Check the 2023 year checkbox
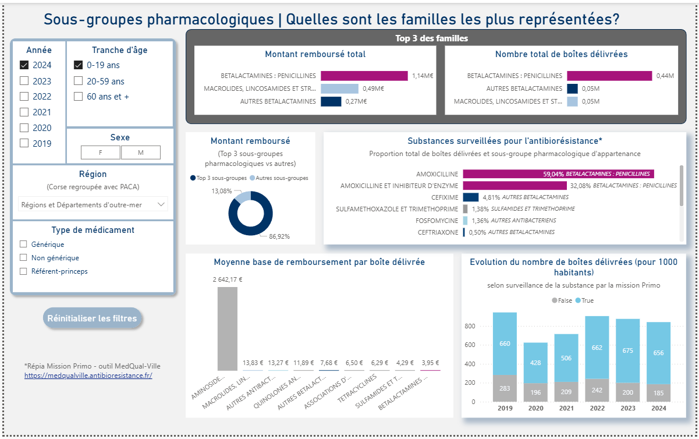click(24, 81)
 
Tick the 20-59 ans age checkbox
click(78, 81)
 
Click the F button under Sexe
click(101, 153)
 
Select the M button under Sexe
click(140, 153)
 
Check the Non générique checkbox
click(24, 257)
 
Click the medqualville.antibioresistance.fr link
click(88, 376)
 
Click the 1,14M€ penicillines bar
click(364, 76)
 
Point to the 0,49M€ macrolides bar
click(339, 88)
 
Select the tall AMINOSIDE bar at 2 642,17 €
click(227, 328)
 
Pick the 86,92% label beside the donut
click(279, 236)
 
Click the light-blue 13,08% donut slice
click(243, 196)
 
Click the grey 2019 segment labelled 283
click(505, 388)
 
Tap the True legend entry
click(584, 300)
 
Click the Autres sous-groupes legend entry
click(279, 178)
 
